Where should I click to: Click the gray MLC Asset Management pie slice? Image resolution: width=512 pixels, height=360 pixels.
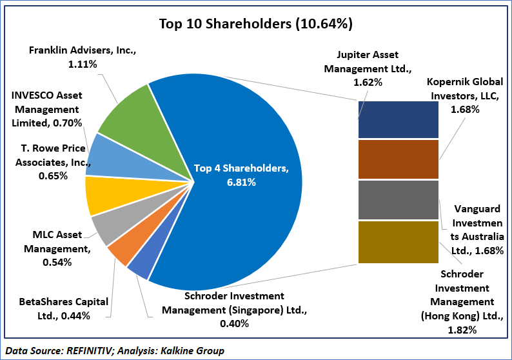[107, 226]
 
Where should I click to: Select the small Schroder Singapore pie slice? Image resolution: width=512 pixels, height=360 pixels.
[138, 267]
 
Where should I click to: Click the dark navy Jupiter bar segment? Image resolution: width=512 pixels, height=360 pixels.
[398, 119]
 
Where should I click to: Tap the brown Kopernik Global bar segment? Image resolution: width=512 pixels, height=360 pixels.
[398, 159]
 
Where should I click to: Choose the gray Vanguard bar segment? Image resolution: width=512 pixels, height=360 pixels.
[398, 200]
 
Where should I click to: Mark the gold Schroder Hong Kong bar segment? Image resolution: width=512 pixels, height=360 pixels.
[398, 242]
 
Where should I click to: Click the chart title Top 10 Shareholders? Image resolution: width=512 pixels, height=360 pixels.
[255, 24]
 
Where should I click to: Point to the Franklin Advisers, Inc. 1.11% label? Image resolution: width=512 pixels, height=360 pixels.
[83, 57]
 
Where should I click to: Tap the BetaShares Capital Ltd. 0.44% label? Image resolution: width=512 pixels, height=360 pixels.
[54, 308]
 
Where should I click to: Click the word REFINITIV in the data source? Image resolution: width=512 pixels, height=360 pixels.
[90, 350]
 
